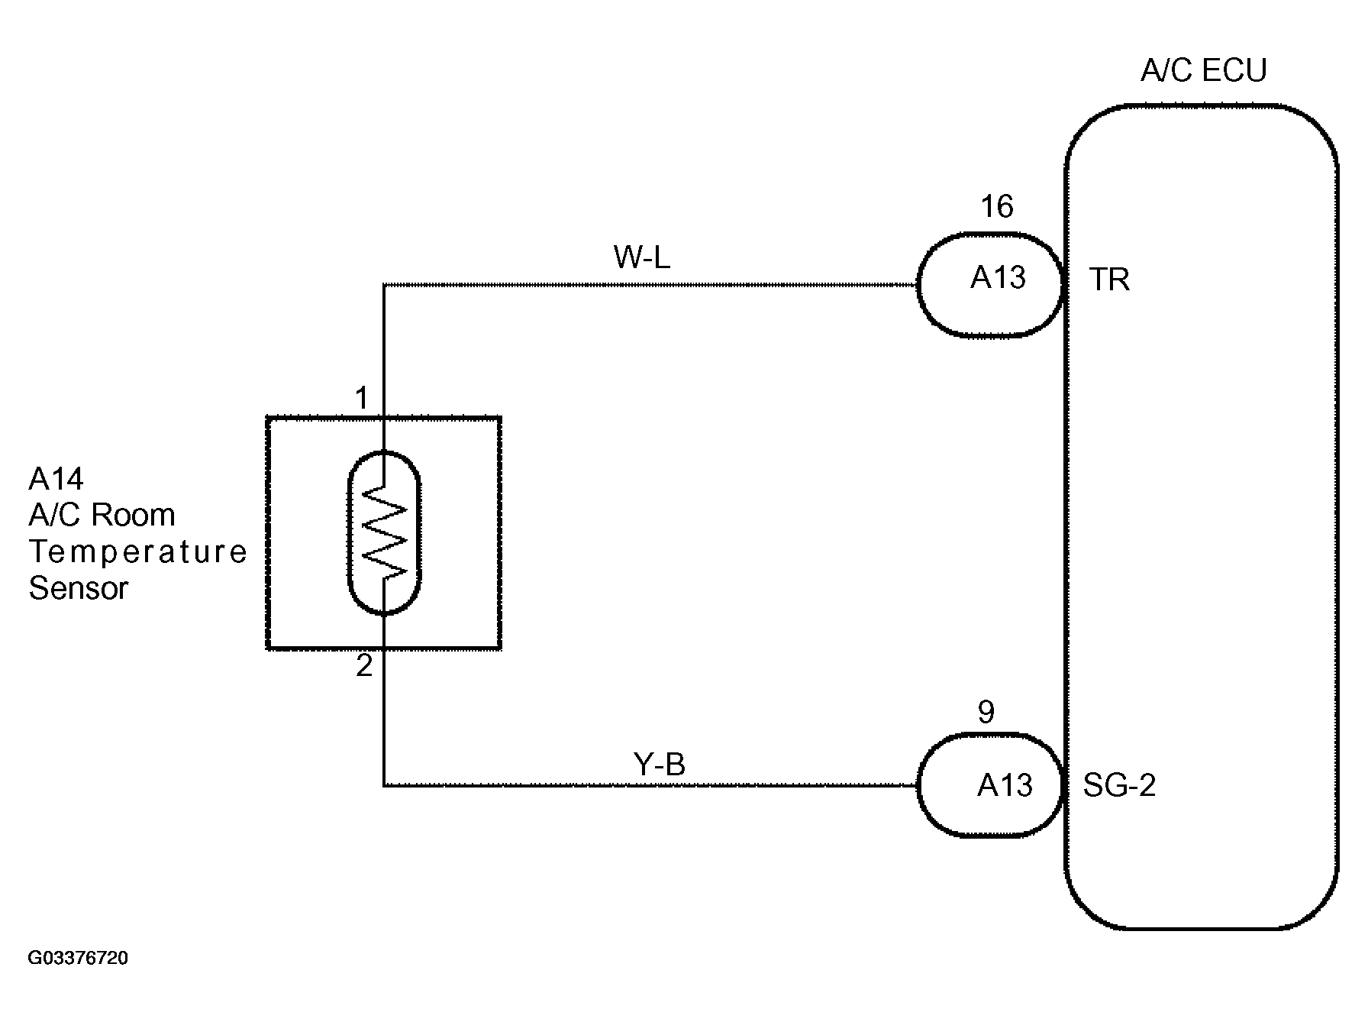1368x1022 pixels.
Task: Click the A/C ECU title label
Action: [x=1204, y=70]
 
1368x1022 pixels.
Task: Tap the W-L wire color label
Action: [x=642, y=258]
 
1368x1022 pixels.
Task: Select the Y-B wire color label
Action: [x=660, y=764]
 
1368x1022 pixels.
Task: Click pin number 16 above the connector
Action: [x=997, y=206]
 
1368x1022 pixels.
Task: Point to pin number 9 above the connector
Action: [x=986, y=712]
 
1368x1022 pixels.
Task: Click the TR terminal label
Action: [x=1109, y=280]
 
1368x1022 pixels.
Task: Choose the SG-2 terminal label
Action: [x=1120, y=785]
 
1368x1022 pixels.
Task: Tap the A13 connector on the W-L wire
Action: [x=990, y=284]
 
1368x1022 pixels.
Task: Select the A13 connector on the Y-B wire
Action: [x=990, y=785]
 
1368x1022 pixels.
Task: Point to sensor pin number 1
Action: [x=362, y=398]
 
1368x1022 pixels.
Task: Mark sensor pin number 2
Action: [x=364, y=666]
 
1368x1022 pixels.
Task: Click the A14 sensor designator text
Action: [x=56, y=479]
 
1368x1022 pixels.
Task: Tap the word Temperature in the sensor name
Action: [x=138, y=551]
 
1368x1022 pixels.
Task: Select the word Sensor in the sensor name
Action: [x=79, y=588]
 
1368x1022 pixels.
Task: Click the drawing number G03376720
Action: [x=78, y=958]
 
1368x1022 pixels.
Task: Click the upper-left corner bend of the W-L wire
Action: [x=384, y=285]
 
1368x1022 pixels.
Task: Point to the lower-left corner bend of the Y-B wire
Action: [x=384, y=785]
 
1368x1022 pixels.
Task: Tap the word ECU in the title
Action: [x=1234, y=70]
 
